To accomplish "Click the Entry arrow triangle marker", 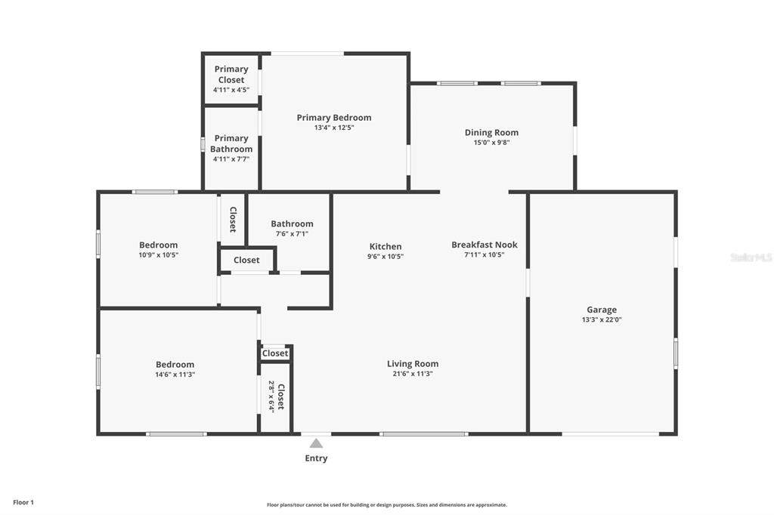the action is click(x=317, y=443).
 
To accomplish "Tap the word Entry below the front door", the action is click(x=317, y=458).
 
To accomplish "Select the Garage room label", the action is click(x=602, y=310).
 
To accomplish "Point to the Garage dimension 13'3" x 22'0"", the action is click(x=602, y=319).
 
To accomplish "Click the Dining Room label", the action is click(x=491, y=132).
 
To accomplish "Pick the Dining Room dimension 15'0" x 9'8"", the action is click(x=491, y=143).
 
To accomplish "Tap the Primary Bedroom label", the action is click(x=334, y=117).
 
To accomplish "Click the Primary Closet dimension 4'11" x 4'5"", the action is click(x=231, y=90).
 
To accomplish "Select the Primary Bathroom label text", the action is click(x=231, y=143).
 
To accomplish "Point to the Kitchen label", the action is click(x=385, y=246).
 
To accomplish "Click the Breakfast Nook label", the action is click(x=485, y=245).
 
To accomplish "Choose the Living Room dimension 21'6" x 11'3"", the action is click(x=413, y=374).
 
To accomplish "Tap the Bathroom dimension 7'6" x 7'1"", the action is click(x=293, y=234).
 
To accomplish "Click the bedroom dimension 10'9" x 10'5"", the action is click(x=159, y=255).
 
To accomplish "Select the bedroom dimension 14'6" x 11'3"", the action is click(x=175, y=375).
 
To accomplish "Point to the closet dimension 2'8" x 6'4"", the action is click(x=271, y=396).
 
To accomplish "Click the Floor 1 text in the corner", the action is click(x=23, y=502).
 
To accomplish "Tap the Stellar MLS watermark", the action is click(x=751, y=257).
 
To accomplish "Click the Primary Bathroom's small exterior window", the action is click(x=203, y=144).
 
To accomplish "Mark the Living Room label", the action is click(x=413, y=363).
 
